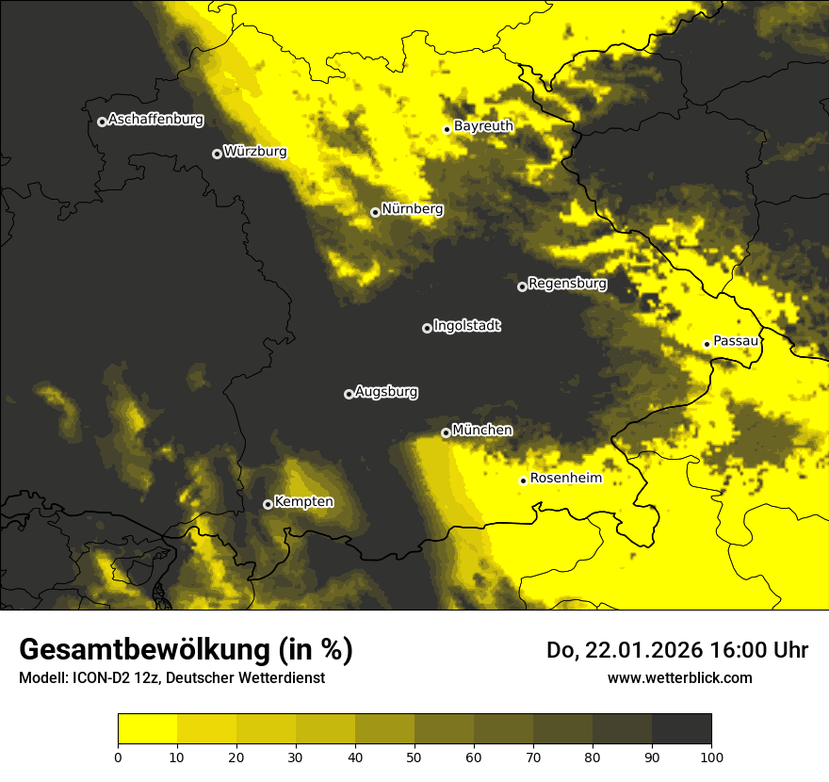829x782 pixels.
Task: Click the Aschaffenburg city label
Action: (155, 120)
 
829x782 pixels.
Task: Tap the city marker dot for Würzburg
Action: (217, 154)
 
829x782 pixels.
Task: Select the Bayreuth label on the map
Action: (483, 126)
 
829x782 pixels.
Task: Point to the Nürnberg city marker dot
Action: (375, 212)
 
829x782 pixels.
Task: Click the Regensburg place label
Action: (567, 284)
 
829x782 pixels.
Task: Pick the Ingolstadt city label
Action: (467, 326)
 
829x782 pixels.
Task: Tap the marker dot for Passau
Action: (707, 344)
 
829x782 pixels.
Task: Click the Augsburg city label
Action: (386, 392)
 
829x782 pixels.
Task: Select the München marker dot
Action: (446, 433)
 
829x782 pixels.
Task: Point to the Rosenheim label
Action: (565, 479)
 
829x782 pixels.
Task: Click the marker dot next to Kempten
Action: (268, 504)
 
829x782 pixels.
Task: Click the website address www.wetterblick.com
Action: (679, 677)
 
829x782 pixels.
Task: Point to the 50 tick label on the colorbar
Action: (414, 757)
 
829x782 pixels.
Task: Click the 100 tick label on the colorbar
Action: (710, 757)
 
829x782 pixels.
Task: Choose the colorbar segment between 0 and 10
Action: (147, 729)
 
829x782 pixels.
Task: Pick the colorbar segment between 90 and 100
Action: (681, 729)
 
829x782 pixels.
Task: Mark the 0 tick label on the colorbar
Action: (118, 757)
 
